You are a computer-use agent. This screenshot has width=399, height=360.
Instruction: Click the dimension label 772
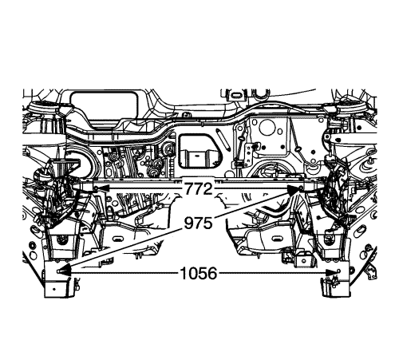coord(199,190)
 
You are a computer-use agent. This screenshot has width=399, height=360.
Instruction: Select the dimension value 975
coord(199,222)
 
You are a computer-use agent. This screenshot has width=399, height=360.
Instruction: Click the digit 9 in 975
coord(188,222)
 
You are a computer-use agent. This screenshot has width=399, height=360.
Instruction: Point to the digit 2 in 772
coord(209,190)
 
